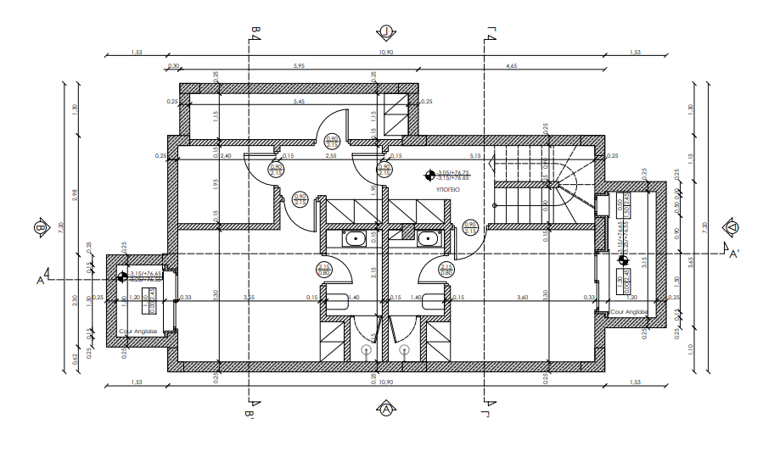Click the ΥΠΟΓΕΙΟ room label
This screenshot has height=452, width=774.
pyautogui.click(x=447, y=192)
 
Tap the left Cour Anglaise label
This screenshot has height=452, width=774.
pyautogui.click(x=138, y=332)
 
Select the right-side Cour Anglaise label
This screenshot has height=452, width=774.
pyautogui.click(x=629, y=312)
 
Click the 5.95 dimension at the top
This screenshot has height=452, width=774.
pyautogui.click(x=298, y=65)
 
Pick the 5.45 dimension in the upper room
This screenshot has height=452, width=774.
pyautogui.click(x=299, y=103)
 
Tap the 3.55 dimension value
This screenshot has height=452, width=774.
pyautogui.click(x=249, y=298)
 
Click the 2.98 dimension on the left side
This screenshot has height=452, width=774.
pyautogui.click(x=76, y=193)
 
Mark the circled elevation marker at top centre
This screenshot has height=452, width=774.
pyautogui.click(x=386, y=32)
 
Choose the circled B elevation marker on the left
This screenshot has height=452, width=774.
pyautogui.click(x=39, y=227)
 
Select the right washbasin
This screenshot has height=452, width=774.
pyautogui.click(x=431, y=239)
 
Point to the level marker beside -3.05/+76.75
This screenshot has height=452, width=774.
pyautogui.click(x=429, y=176)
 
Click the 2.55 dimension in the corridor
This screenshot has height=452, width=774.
pyautogui.click(x=332, y=156)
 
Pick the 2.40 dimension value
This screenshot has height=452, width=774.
pyautogui.click(x=226, y=156)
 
